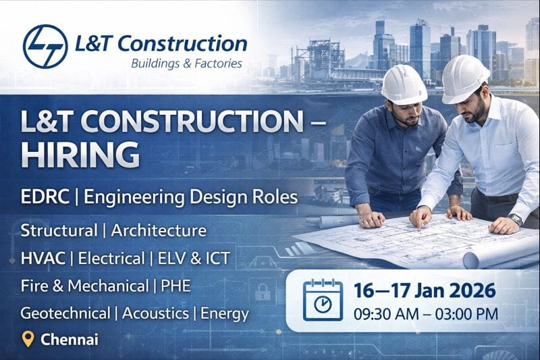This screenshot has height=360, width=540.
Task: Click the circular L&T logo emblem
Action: (45, 46)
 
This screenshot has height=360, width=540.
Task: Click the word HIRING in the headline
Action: (80, 155)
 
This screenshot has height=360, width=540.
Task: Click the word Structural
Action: (58, 230)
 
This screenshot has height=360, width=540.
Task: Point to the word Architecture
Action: (159, 230)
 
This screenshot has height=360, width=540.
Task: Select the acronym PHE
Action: (175, 286)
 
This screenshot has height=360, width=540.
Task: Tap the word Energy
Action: (225, 313)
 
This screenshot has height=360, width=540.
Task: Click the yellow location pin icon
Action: (28, 339)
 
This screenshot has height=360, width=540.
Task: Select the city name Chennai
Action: (70, 339)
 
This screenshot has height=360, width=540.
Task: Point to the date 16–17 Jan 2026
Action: (425, 291)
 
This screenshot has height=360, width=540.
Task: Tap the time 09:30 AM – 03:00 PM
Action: (425, 313)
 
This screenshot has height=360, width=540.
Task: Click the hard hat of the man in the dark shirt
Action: (404, 84)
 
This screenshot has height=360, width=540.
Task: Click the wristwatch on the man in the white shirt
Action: (516, 220)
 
